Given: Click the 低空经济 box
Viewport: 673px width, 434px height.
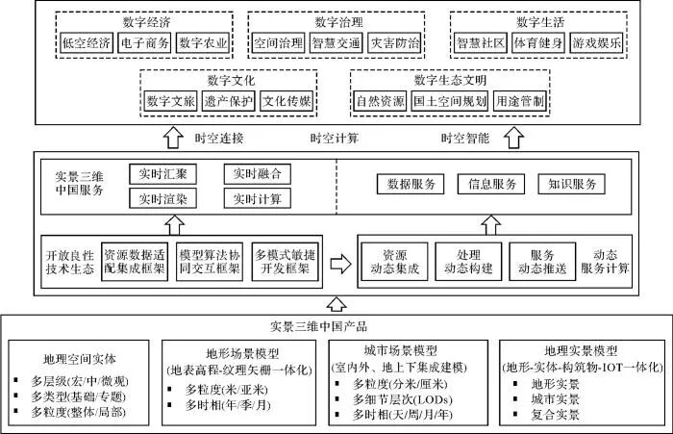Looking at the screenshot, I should (x=83, y=43).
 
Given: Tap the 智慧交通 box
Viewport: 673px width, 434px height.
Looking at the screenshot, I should (x=334, y=43).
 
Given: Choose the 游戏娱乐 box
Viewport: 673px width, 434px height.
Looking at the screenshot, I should (x=595, y=43).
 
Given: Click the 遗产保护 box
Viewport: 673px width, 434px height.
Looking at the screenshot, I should (x=229, y=100).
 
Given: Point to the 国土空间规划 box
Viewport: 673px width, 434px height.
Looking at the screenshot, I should (x=441, y=100).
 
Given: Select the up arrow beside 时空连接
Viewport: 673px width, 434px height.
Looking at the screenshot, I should (x=173, y=138).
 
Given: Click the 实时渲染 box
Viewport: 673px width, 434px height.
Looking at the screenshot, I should (x=162, y=199).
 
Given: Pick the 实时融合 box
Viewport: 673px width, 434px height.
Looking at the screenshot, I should (x=255, y=174).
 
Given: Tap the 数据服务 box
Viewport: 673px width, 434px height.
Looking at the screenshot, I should (x=411, y=184).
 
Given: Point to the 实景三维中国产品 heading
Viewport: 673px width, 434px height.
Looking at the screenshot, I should (x=336, y=326).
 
